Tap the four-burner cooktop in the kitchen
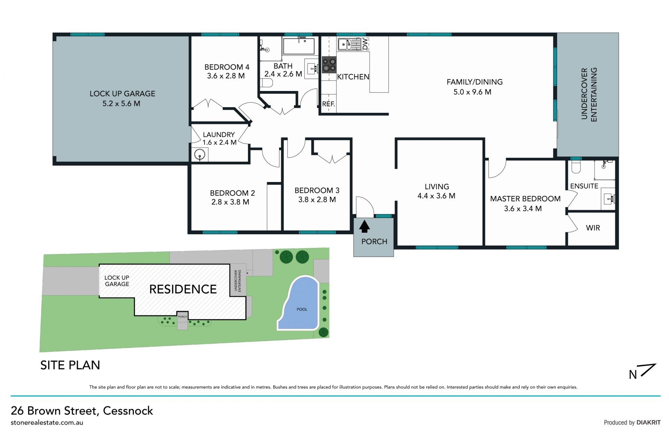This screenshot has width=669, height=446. pos(329,65)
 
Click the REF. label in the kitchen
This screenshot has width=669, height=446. pos(328,104)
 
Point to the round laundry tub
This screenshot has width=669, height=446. pos(200,154)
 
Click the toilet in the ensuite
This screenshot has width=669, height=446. pos(576,166)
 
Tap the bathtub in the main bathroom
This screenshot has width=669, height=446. pos(299,46)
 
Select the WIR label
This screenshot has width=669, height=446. pos(593,228)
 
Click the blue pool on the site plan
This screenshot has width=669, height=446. pos(300,304)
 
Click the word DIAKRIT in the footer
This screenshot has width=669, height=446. pos(648,422)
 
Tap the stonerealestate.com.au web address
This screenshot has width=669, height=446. pos(47,423)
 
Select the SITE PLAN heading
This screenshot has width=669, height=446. pos(70,365)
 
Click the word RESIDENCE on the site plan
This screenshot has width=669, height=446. pos(183,289)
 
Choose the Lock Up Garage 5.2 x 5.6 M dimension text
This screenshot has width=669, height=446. pos(121,104)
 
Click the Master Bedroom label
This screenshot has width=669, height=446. pos(525,199)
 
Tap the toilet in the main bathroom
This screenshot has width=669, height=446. pos(266,83)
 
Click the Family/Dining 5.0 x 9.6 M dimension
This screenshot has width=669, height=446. pos(472,92)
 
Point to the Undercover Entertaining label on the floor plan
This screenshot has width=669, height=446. pos(589,95)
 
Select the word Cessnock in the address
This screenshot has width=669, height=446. pos(128,410)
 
